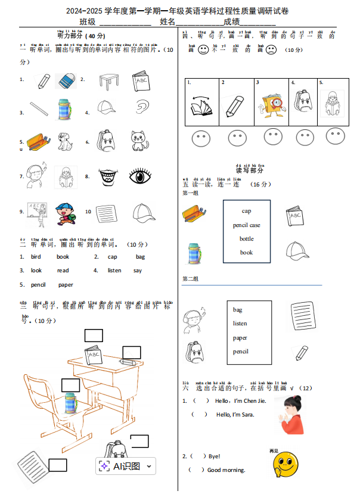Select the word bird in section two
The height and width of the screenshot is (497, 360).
point(36,257)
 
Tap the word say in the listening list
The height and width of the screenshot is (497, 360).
point(138,271)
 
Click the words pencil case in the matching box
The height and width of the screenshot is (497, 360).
point(247,225)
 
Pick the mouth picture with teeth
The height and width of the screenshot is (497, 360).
point(108,176)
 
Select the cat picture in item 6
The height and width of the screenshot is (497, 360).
point(140,141)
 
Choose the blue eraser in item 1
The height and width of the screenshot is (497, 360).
point(66,80)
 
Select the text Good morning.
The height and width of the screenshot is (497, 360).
point(226,470)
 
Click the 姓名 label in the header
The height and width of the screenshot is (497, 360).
point(167,21)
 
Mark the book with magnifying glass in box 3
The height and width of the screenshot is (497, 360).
point(272,104)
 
